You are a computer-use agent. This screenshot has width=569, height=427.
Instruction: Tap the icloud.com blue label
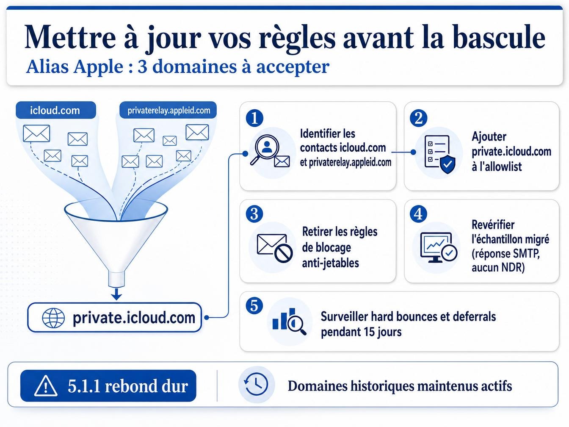point(56,110)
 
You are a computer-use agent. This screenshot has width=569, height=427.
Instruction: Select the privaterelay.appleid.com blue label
point(168,110)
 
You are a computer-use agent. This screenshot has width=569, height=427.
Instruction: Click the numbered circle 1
point(254,118)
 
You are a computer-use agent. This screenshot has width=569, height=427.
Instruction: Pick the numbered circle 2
point(418,118)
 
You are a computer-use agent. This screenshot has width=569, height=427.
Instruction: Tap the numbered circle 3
point(254,214)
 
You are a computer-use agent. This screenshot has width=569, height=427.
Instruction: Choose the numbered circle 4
point(418,214)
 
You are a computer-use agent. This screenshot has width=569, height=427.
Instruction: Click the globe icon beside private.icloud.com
point(53,318)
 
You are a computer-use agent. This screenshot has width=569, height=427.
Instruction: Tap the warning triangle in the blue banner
point(46,386)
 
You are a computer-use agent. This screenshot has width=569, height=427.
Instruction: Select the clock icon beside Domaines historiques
point(256,384)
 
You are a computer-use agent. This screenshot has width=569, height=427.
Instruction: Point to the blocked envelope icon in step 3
point(275,248)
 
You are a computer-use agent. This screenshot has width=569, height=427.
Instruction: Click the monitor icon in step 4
point(439,247)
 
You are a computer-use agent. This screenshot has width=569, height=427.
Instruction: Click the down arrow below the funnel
point(117,293)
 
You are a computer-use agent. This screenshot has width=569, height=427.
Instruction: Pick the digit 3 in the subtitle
point(142,67)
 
